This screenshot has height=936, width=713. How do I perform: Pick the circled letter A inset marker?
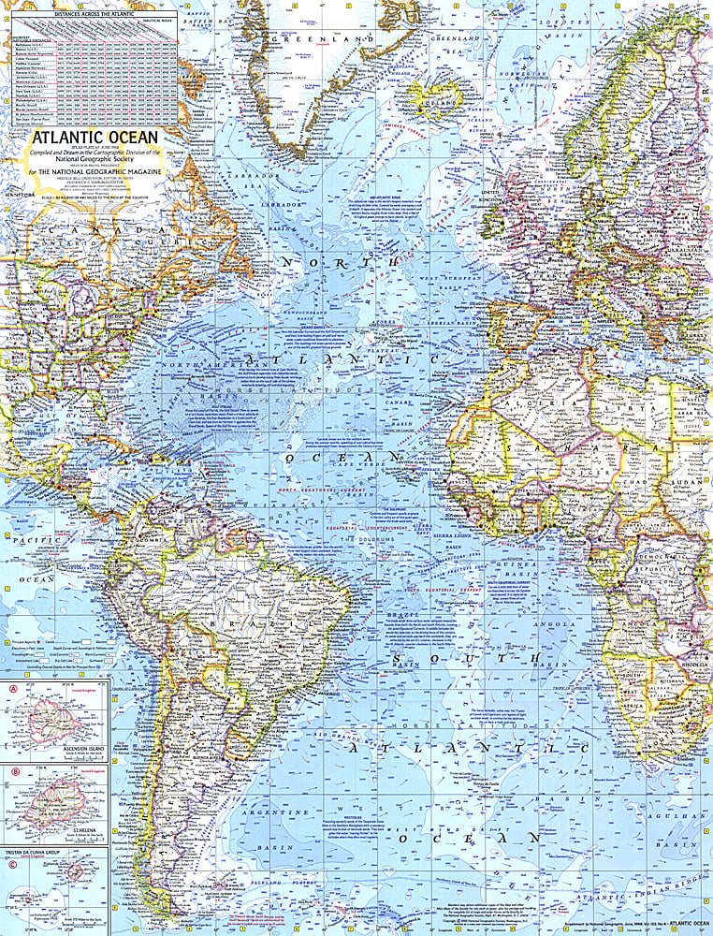click(x=12, y=693)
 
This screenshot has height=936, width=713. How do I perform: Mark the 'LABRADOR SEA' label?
click(x=257, y=179)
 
